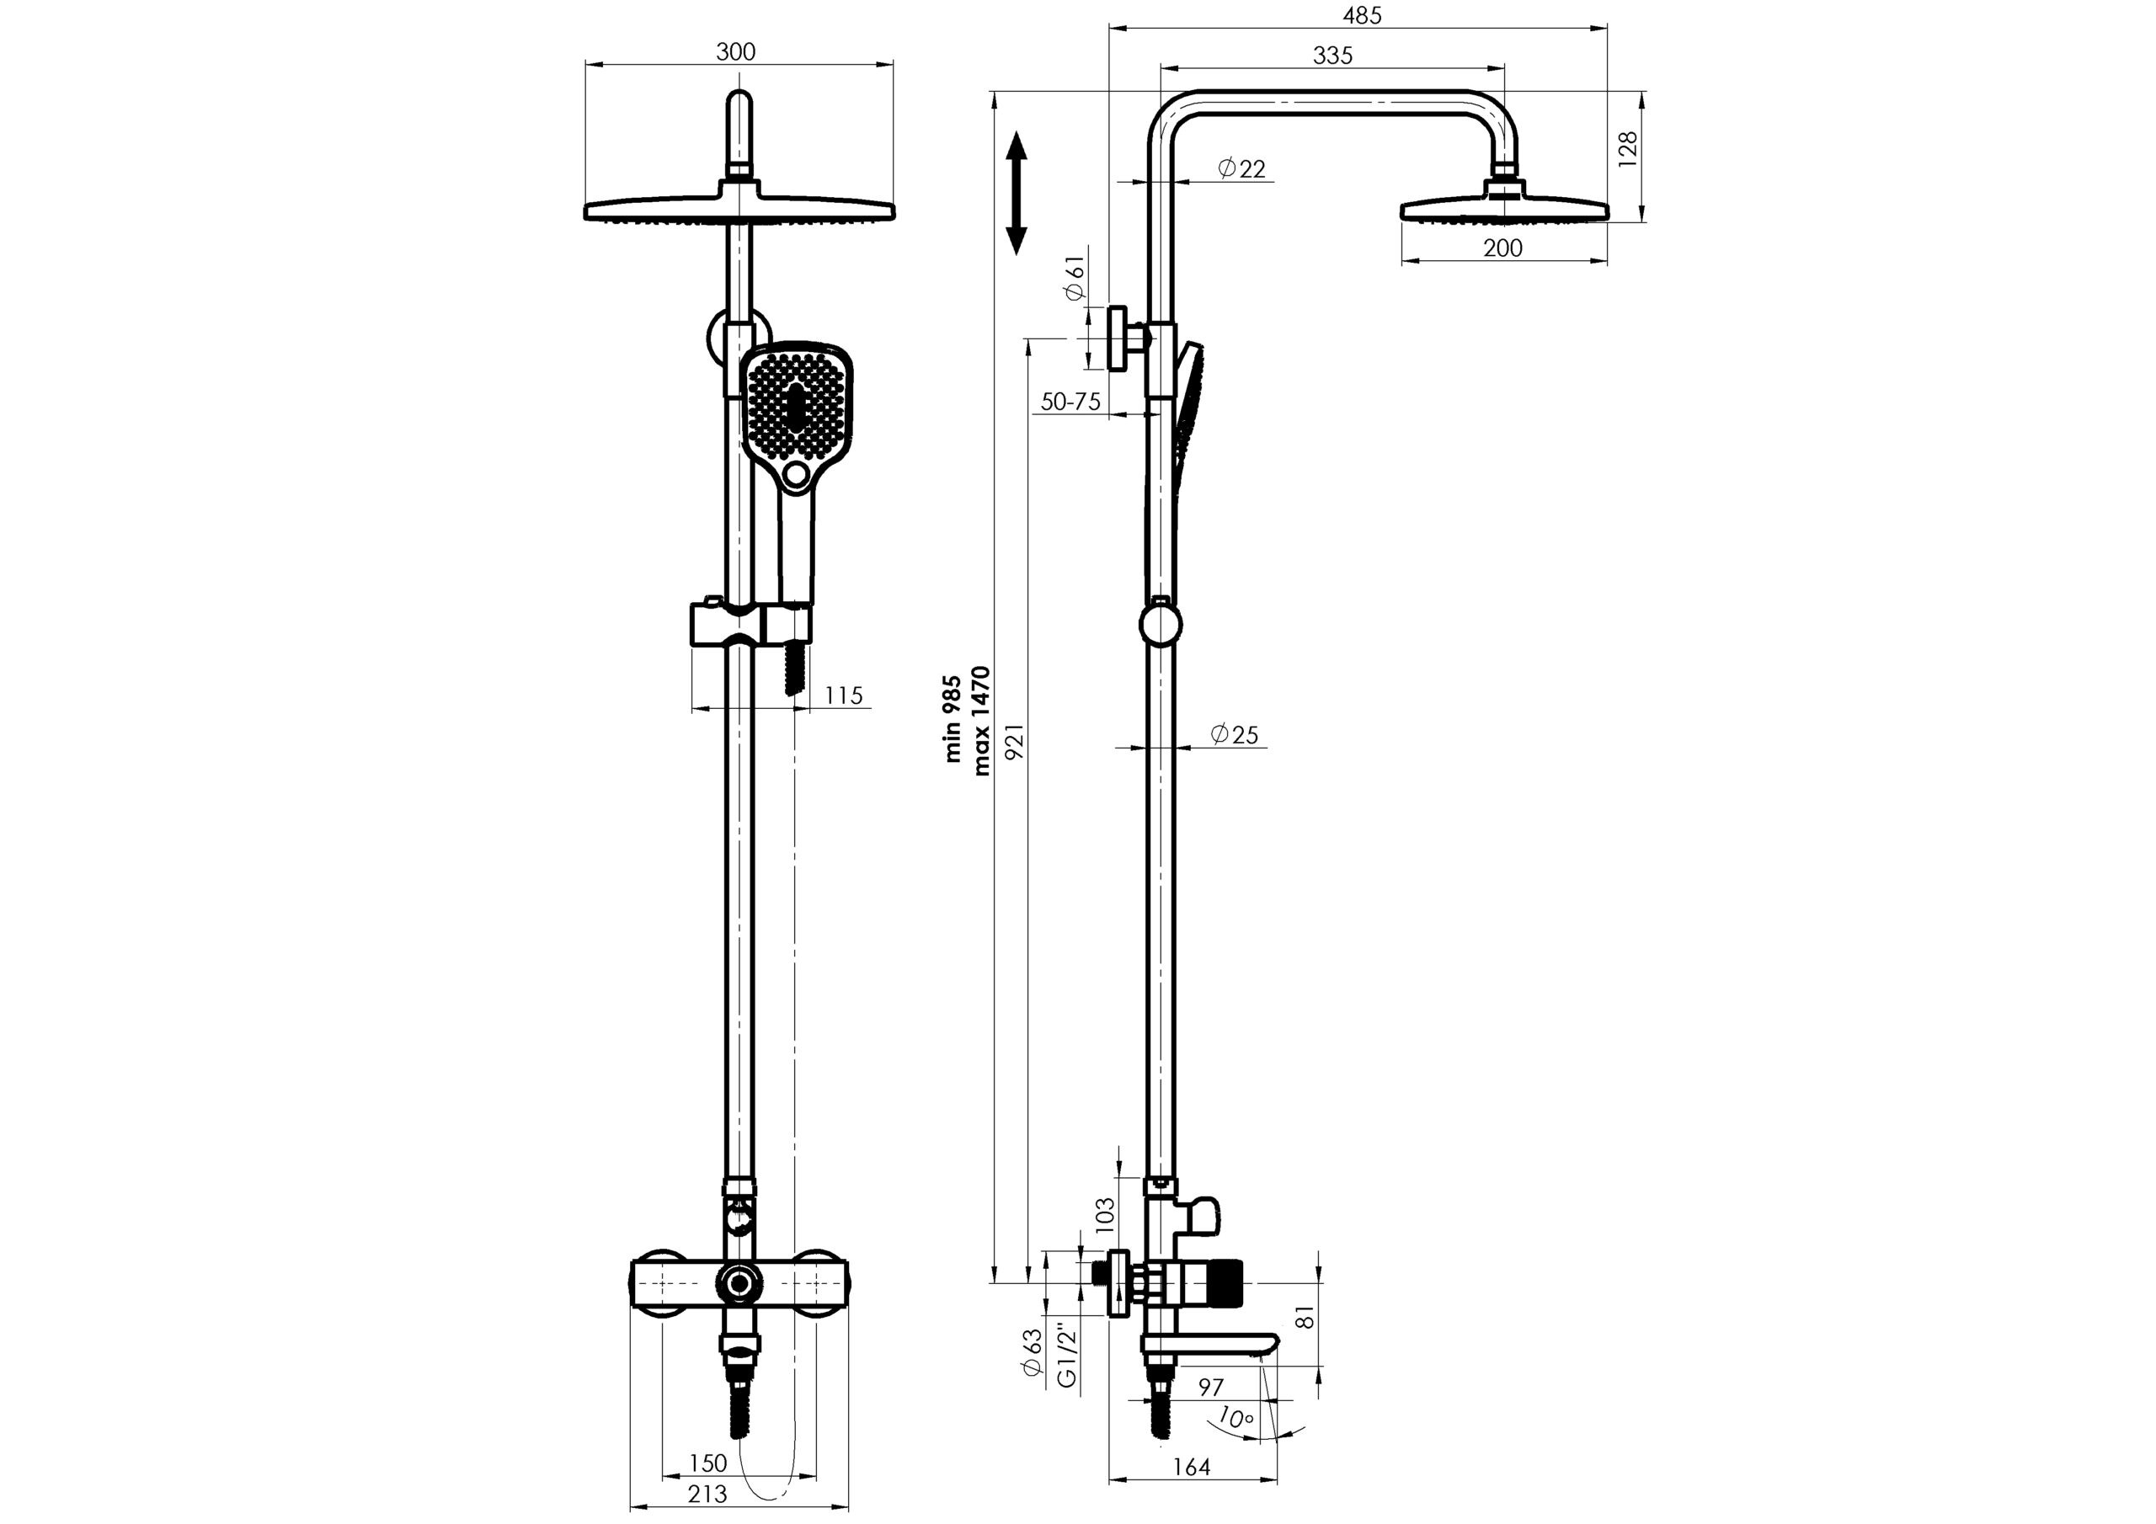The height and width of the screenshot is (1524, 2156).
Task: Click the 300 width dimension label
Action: click(x=735, y=51)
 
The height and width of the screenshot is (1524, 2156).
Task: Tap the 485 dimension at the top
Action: click(x=1362, y=16)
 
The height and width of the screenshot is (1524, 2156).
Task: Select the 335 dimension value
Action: click(x=1332, y=56)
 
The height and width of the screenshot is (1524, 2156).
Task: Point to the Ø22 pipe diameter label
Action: click(x=1241, y=169)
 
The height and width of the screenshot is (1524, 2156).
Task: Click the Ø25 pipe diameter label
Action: click(x=1234, y=734)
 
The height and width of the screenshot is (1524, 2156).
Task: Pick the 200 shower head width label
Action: click(x=1502, y=248)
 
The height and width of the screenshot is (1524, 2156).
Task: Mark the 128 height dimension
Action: click(x=1628, y=149)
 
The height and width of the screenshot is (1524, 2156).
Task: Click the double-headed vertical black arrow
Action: click(x=1016, y=194)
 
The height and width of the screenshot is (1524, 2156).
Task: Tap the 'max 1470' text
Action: click(x=981, y=720)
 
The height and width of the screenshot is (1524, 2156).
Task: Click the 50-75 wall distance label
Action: click(x=1070, y=402)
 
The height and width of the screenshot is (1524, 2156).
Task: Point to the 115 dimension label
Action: click(x=843, y=695)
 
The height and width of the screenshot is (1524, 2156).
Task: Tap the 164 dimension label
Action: click(x=1192, y=1467)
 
